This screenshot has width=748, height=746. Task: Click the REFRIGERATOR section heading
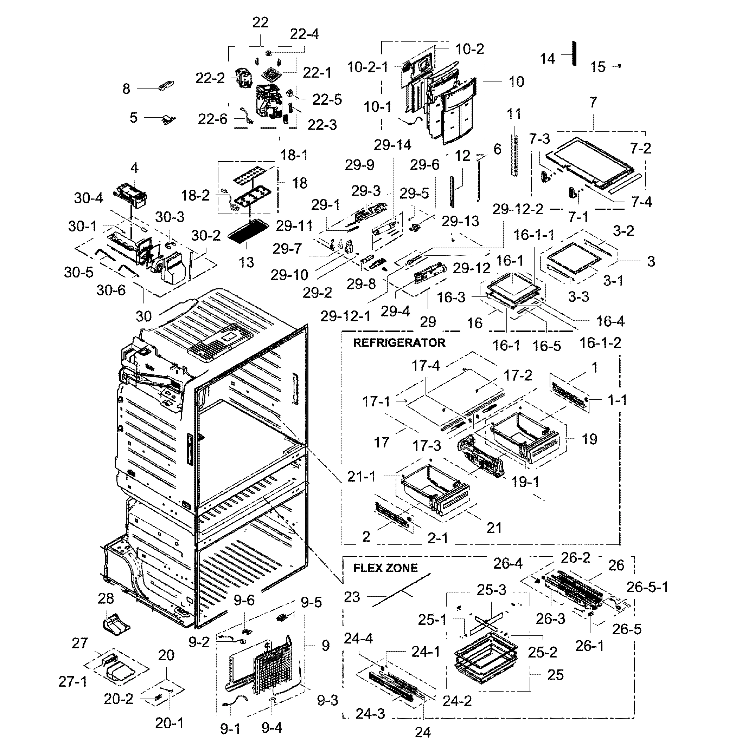[x=399, y=343]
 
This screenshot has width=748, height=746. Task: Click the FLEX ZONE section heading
[x=386, y=568]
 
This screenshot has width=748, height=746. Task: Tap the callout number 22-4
[x=304, y=34]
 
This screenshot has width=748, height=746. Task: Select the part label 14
[x=548, y=59]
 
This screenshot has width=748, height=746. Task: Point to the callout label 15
[x=597, y=67]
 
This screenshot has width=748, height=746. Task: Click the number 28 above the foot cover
[x=106, y=598]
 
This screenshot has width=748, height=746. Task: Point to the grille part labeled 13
[x=246, y=231]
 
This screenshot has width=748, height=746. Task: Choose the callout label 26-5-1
[x=647, y=588]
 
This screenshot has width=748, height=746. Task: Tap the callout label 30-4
[x=88, y=198]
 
